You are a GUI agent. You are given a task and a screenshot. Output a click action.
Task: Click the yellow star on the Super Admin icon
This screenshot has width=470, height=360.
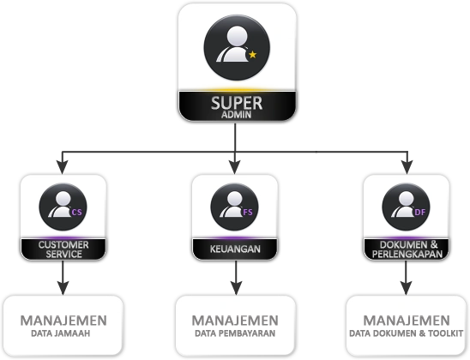pos(253,55)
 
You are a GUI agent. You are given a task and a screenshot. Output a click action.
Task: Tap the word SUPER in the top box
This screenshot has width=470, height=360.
pos(237,103)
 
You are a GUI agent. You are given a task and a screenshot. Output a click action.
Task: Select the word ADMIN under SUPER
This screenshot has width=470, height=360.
pos(236,115)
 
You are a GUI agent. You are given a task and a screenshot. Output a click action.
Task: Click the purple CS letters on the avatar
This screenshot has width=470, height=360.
pos(76,212)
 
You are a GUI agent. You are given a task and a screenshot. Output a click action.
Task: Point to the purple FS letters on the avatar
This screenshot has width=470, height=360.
pos(248,212)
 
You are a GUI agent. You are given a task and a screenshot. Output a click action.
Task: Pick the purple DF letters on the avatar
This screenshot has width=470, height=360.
pos(420,212)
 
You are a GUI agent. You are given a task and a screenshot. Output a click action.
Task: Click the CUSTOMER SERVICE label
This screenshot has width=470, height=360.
pos(63,249)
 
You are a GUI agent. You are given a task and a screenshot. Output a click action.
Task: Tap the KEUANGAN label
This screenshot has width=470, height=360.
pos(235,249)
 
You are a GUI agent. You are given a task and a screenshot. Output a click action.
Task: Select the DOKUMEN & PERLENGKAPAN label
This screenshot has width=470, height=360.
pos(407,249)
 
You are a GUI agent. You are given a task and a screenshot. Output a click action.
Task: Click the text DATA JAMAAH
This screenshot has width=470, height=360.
pos(61,333)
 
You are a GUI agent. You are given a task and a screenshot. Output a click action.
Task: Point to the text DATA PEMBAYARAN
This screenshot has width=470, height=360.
pos(235,333)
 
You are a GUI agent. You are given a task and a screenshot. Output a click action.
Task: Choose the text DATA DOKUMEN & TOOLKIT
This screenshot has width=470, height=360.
pos(407,333)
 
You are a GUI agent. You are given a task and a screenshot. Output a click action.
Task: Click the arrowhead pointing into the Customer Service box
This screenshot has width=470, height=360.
pos(63,167)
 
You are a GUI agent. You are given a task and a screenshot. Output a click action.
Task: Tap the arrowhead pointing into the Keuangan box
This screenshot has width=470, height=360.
pos(235,167)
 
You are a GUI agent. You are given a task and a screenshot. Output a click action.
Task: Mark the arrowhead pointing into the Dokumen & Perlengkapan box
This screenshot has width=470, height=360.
pos(407,167)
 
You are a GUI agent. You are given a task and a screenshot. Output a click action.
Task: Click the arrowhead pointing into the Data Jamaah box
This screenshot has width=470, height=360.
pos(63,288)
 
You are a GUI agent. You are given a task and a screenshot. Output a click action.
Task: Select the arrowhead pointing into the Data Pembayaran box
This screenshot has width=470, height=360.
pos(236,288)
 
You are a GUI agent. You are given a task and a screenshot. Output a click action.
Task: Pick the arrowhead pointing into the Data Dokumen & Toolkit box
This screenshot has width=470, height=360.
pos(407,288)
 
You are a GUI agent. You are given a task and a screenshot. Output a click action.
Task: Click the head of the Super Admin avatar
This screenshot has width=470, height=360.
pos(237,36)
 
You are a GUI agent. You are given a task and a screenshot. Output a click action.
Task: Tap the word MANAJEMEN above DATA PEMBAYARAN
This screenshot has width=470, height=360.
pos(235,321)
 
